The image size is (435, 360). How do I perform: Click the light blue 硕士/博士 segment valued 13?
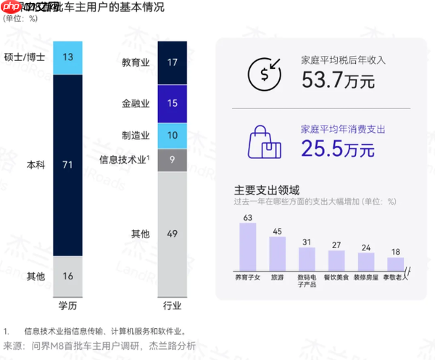67,57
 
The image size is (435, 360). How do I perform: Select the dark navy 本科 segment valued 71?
67,165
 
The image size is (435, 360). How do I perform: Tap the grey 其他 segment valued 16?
67,276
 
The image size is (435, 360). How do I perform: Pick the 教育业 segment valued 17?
172,62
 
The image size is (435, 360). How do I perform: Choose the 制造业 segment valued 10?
172,136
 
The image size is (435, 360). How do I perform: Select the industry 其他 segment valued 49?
172,233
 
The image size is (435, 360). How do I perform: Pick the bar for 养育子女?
248,247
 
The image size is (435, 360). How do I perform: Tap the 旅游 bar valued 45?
277,254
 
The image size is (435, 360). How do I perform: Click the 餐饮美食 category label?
336,277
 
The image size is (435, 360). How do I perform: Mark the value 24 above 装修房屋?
366,247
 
